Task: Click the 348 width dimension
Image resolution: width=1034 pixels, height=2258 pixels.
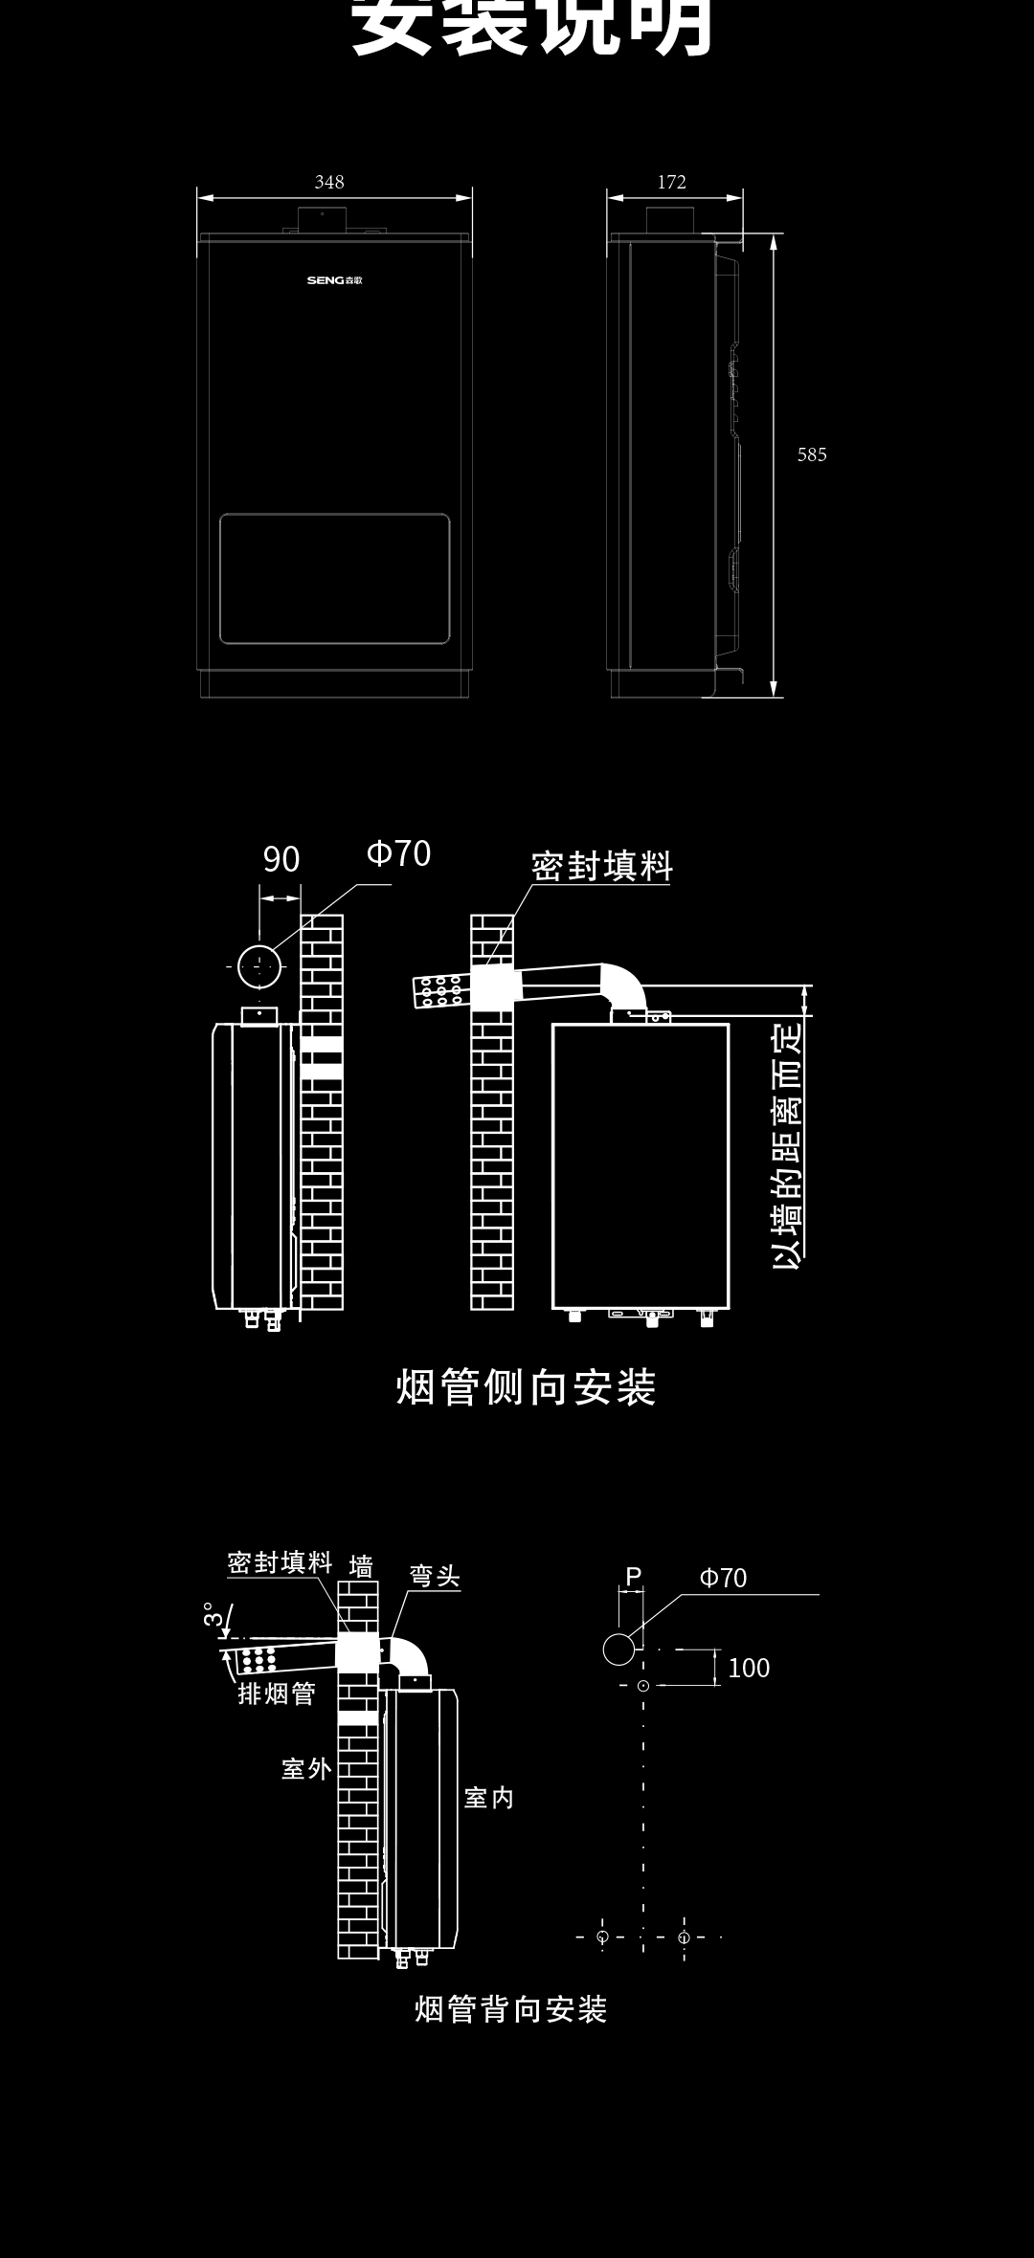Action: coord(329,182)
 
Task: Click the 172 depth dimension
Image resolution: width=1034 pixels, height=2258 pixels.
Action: coord(672,182)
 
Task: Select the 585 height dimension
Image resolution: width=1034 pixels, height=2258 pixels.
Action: coord(812,454)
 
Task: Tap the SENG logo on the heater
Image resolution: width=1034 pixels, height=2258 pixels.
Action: coord(334,280)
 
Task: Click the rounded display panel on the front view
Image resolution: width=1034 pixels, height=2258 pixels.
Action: coord(334,579)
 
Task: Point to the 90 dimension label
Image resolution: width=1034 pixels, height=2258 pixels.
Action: coord(281,859)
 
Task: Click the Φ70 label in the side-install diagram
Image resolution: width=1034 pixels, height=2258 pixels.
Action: coord(399,852)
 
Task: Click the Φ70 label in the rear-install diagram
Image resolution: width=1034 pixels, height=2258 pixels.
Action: coord(723,1578)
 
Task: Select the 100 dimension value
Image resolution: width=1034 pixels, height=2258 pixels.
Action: coord(749,1668)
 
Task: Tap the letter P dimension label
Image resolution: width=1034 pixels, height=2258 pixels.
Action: coord(633,1576)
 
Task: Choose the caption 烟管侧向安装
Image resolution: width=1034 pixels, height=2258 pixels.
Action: coord(526,1387)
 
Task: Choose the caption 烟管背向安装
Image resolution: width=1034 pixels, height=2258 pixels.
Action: coord(511,2009)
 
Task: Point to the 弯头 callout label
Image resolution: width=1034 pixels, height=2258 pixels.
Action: coord(435,1576)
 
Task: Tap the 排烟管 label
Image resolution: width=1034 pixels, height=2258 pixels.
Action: coord(277,1693)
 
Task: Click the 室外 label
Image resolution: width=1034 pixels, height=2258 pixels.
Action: coord(306,1768)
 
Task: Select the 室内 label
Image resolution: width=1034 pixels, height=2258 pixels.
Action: coord(489,1798)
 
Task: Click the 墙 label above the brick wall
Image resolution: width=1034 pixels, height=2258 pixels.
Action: coord(361,1566)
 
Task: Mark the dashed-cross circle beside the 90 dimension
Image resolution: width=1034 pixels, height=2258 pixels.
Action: coord(259,966)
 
